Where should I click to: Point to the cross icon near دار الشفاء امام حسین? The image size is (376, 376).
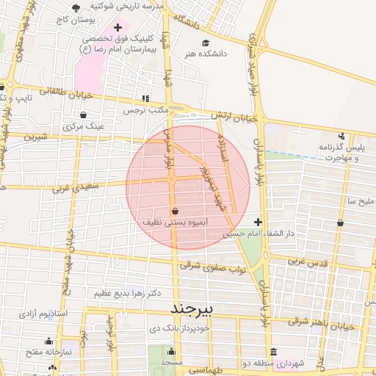pos(258,222)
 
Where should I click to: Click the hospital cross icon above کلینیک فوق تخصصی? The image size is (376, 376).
pos(117,27)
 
